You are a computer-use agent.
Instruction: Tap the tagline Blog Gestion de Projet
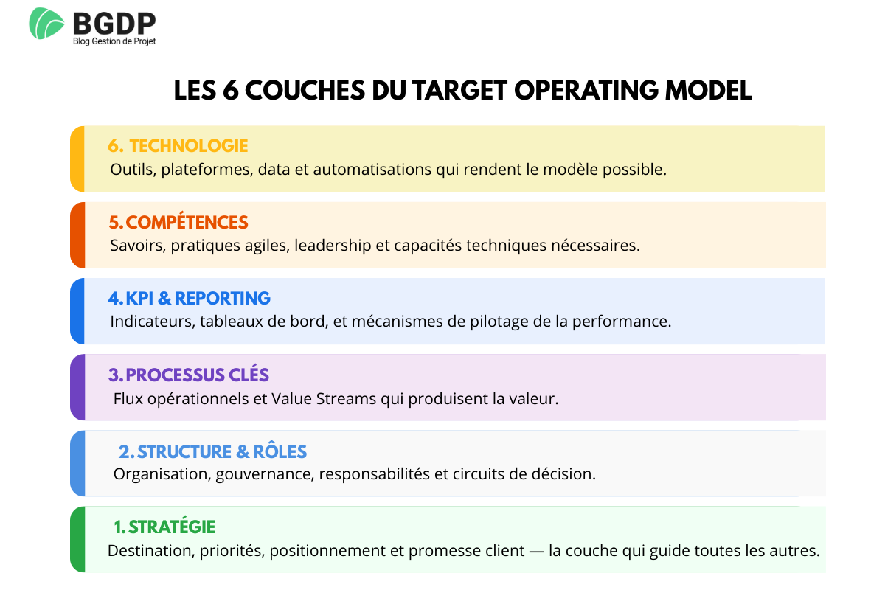point(114,41)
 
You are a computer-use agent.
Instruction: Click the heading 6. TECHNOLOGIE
point(178,146)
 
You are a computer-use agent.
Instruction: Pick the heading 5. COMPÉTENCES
point(178,222)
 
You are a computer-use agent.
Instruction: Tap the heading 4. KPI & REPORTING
point(189,298)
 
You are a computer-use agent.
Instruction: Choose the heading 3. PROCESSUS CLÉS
point(188,375)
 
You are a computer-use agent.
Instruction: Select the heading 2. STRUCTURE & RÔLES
point(212,451)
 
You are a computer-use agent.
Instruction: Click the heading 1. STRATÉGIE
point(164,527)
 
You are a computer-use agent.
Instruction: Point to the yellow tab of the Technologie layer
point(77,159)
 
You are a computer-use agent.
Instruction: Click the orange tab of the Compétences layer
point(77,235)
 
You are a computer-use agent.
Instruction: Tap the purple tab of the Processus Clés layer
point(77,388)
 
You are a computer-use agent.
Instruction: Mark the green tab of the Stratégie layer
point(77,540)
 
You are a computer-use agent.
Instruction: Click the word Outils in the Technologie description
point(131,170)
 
